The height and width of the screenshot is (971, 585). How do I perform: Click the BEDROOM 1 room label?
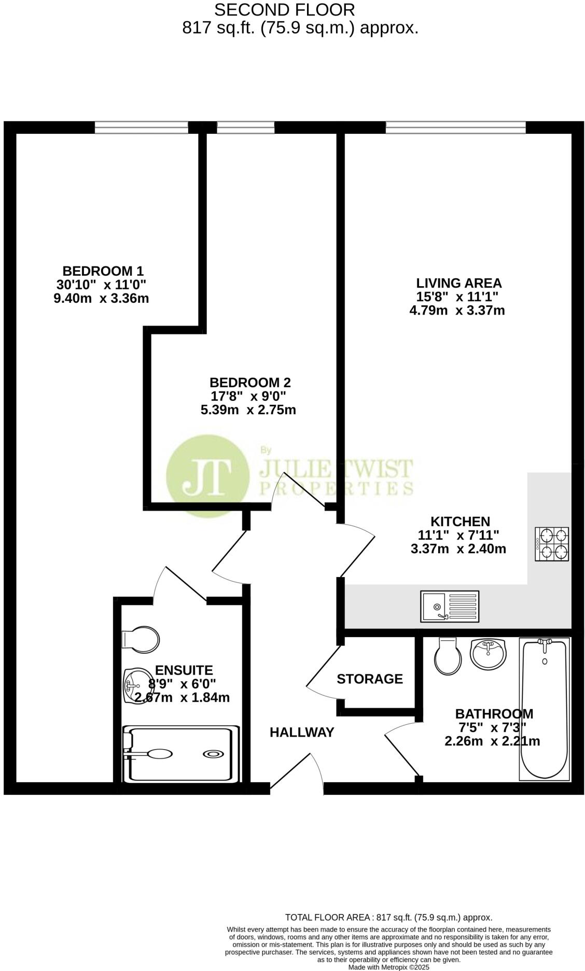103,271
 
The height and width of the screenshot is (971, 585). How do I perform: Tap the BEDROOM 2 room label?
250,383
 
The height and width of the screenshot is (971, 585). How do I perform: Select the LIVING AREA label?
459,283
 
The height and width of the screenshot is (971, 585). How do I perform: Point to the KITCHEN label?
460,521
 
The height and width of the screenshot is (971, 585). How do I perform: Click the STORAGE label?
370,679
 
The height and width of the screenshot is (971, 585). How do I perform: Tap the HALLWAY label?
302,732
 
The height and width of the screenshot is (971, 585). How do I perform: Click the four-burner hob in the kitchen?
552,544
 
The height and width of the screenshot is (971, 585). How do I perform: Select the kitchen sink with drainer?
450,606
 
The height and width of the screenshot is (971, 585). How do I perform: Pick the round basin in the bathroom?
487,653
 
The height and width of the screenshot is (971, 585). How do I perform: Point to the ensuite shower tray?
182,753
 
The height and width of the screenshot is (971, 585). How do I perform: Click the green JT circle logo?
207,476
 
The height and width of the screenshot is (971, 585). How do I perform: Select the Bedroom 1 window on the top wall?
141,127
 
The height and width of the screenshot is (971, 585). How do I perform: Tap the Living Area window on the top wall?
455,127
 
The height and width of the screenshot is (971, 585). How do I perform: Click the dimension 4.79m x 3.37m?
457,311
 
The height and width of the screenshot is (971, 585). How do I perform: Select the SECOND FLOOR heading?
285,9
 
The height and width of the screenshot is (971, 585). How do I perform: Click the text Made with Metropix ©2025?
388,967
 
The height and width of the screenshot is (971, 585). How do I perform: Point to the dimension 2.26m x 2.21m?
492,741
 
